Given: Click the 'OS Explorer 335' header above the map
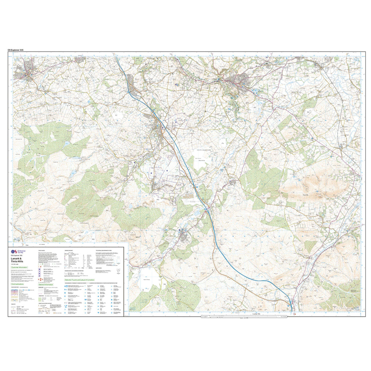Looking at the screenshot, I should click(19, 50).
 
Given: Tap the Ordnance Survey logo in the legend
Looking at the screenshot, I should click(14, 251).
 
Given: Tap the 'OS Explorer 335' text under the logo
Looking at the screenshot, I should click(18, 255).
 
